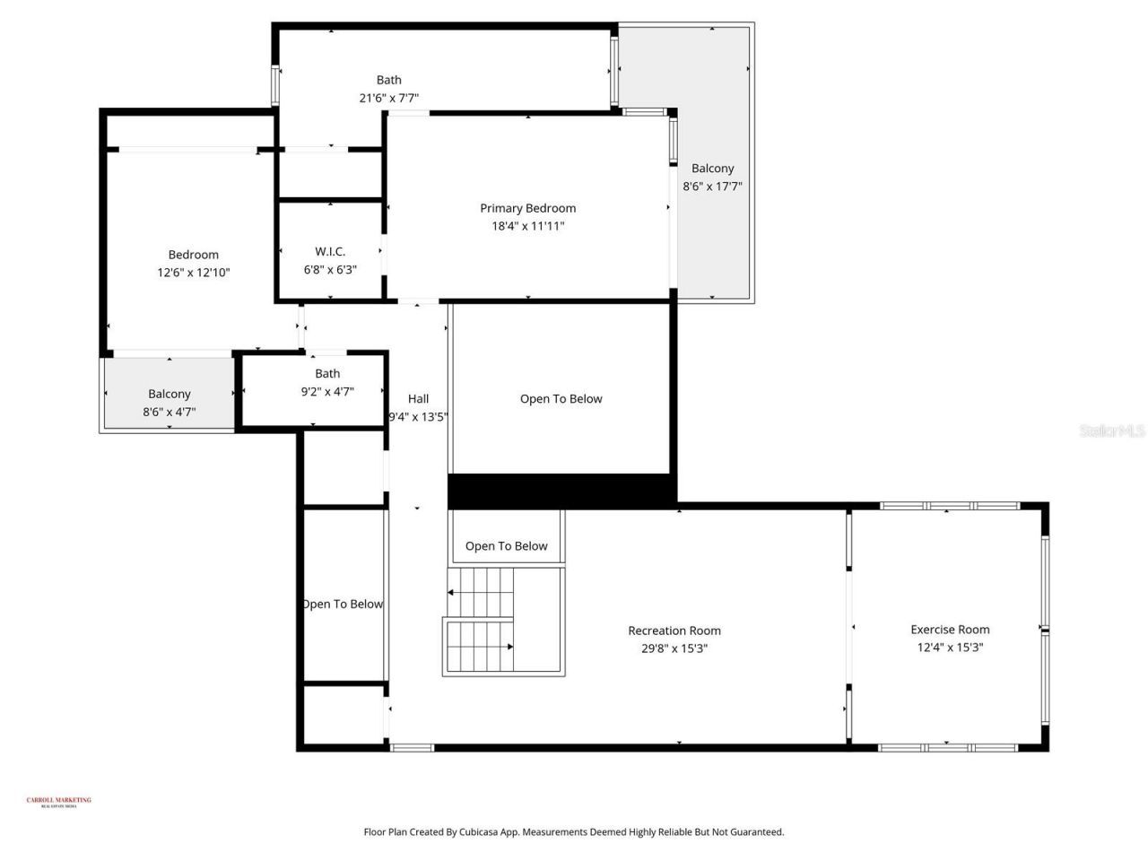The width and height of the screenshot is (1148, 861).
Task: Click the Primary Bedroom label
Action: [x=527, y=208]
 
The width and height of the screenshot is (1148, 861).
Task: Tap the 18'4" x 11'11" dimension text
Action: [x=527, y=226]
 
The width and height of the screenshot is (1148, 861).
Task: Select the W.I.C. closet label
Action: [x=330, y=252]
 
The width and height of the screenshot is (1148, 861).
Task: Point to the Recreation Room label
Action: [x=674, y=631]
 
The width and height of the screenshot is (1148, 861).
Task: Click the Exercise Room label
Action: [x=950, y=630]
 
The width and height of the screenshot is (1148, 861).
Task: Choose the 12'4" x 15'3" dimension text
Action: [x=950, y=648]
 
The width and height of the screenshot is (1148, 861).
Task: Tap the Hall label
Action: [x=418, y=399]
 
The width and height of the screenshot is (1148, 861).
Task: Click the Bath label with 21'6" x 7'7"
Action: [x=388, y=80]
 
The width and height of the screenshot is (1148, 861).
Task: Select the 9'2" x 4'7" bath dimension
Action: [x=327, y=391]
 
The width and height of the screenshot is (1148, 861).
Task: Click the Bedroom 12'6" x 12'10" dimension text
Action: [x=194, y=273]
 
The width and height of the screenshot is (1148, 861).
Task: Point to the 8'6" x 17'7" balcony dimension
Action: [x=712, y=187]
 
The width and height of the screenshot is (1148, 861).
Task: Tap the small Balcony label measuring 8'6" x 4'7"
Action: [x=170, y=394]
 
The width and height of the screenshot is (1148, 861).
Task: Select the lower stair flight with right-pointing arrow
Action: [x=479, y=646]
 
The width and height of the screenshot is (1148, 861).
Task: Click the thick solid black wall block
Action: [x=561, y=491]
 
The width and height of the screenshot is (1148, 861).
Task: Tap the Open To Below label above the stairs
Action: [x=506, y=546]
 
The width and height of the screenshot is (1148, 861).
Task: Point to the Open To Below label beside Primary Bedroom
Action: [x=561, y=399]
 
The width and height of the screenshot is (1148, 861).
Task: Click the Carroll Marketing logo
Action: [x=58, y=802]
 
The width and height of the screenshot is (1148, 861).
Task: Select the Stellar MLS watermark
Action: [x=1111, y=431]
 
